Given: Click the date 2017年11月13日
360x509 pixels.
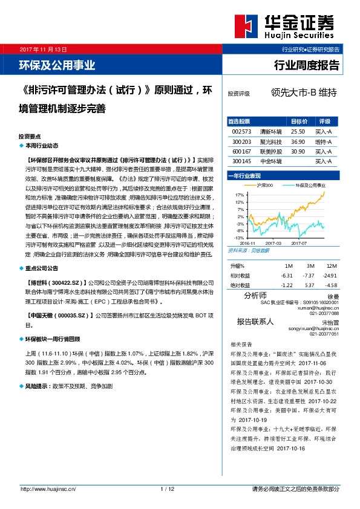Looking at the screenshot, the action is pyautogui.click(x=43, y=48).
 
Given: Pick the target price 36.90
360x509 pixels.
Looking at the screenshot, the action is pyautogui.click(x=298, y=141).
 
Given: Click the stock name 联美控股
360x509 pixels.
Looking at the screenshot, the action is pyautogui.click(x=270, y=151).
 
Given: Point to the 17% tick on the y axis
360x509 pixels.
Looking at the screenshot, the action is pyautogui.click(x=240, y=195).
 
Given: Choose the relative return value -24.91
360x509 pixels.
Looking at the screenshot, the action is pyautogui.click(x=330, y=276).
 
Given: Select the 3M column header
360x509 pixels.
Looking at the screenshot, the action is pyautogui.click(x=310, y=266).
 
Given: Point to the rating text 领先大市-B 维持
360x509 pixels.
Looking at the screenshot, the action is pyautogui.click(x=304, y=94).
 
